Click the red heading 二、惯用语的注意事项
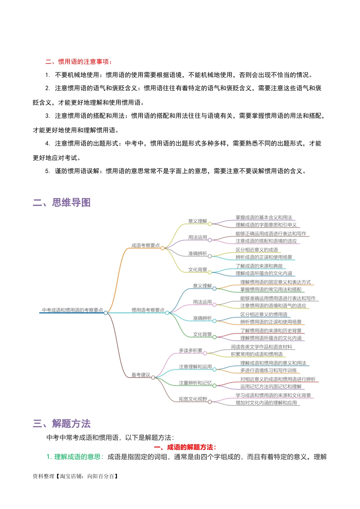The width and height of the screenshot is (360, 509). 79,62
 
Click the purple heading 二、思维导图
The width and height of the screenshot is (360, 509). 62,203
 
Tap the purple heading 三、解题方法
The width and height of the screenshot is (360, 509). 62,423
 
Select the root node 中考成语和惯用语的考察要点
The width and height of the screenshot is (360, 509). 72,310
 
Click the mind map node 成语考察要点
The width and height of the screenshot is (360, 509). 146,245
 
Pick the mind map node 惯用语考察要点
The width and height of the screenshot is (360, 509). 148,310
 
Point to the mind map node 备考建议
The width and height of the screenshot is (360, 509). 141,375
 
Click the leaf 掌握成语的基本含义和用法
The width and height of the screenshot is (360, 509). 264,218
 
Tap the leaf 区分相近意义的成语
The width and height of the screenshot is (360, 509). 257,250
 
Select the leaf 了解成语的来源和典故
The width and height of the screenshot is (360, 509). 259,266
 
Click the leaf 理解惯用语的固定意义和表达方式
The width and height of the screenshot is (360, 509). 275,283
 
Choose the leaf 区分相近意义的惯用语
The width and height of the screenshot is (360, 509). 264,315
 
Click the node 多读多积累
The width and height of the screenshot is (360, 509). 191,351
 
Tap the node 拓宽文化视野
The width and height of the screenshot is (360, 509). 193,399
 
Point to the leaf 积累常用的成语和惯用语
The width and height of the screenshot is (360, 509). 257,354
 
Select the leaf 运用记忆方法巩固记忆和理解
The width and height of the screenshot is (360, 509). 271,387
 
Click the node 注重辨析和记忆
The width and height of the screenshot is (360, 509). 195,383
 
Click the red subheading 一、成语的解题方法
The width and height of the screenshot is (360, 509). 185,447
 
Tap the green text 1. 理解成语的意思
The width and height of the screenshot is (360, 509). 75,457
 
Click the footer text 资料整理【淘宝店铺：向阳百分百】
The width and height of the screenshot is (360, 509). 76,476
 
